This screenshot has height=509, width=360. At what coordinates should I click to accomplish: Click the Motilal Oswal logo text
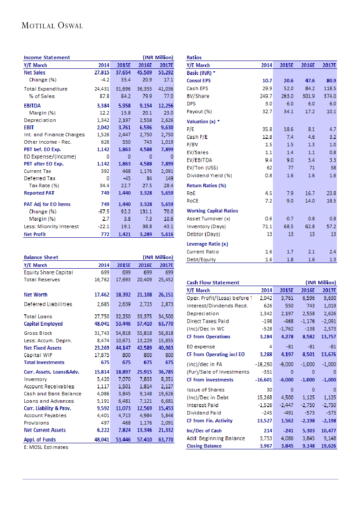tap(52, 26)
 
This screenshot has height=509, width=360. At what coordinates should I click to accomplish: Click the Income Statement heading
tap(47, 57)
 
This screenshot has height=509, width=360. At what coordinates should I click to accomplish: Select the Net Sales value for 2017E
tap(165, 73)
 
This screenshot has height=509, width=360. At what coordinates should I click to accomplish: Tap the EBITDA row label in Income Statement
tap(33, 105)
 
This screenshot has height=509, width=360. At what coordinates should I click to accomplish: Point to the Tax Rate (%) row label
tap(44, 185)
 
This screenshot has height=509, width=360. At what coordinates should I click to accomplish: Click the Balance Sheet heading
tap(41, 257)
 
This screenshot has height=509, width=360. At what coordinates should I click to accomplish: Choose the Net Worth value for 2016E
tap(145, 295)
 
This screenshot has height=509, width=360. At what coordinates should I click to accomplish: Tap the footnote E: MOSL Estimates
tap(46, 447)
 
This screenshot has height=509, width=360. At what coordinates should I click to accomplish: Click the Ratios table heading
tap(194, 57)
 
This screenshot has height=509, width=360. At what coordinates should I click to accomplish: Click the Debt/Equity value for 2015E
tap(288, 260)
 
